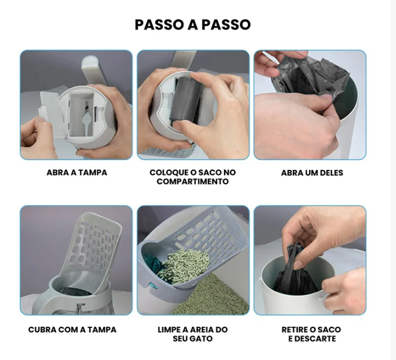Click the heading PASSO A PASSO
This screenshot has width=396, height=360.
[192, 25]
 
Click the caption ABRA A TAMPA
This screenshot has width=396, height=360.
[77, 173]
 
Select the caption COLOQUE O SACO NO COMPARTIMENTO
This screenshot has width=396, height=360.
[192, 177]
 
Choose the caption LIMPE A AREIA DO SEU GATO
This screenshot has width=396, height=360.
[192, 334]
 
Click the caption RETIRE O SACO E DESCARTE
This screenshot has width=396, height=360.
[311, 334]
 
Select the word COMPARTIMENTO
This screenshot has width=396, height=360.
[192, 182]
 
